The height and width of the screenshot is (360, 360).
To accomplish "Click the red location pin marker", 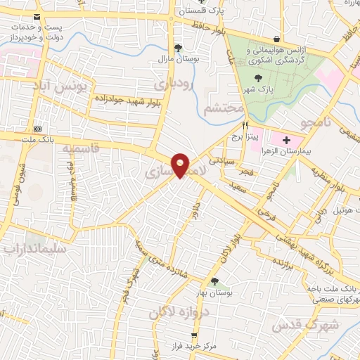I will [181, 165].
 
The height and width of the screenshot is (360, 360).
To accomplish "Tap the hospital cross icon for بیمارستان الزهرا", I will [276, 141].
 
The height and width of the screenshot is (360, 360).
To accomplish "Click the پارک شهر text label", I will [261, 91].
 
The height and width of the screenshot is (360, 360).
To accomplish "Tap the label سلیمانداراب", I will [34, 249].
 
